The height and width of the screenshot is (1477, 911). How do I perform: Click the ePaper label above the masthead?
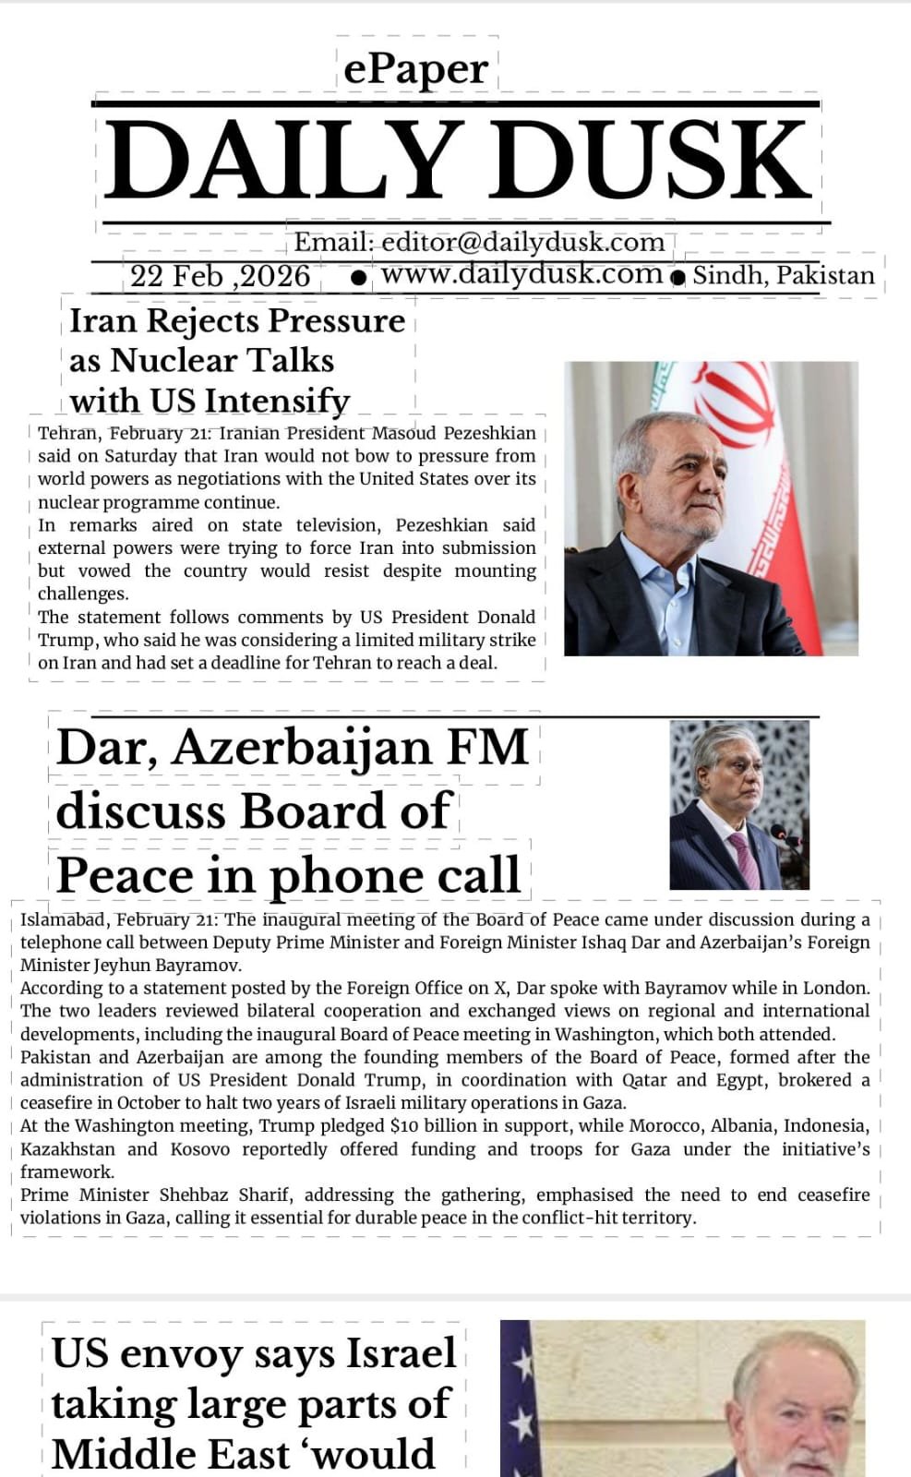pos(416,69)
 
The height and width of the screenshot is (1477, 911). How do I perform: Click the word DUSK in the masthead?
pos(660,159)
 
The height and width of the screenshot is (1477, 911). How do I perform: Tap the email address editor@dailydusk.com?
pos(522,242)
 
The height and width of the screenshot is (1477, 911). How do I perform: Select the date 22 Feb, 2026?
pos(220,275)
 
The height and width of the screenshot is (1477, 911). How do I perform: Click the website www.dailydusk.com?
pos(521,273)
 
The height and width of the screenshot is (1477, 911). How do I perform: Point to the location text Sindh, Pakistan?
pos(784,275)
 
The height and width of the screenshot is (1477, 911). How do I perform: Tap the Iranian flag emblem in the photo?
pos(735,406)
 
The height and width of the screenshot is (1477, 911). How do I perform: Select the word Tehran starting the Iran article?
pos(66,433)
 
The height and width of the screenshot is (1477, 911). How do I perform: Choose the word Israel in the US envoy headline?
pos(402,1354)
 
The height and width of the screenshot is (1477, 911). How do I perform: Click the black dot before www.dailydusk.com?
pos(359,276)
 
